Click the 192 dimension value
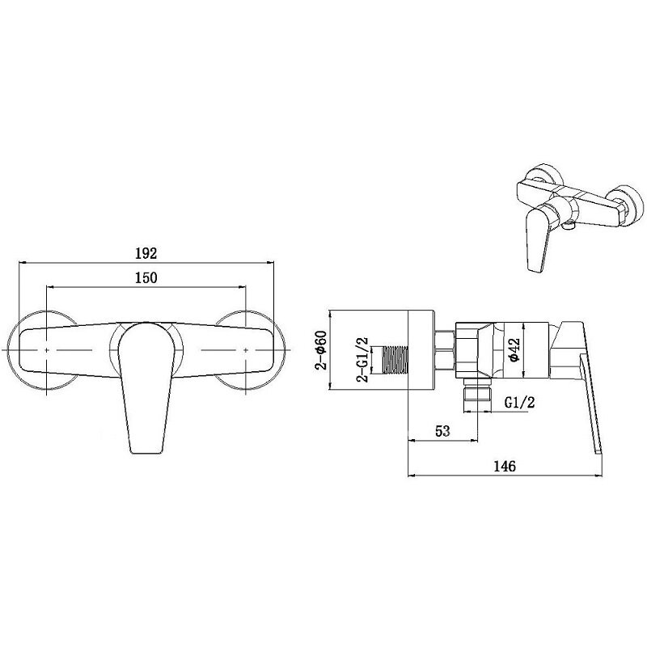[146, 253]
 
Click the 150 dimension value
[146, 277]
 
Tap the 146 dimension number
[505, 466]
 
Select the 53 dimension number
[442, 431]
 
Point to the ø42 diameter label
[515, 350]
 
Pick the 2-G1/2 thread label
[363, 359]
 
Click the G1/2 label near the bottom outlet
[519, 402]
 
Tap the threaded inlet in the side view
[395, 360]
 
